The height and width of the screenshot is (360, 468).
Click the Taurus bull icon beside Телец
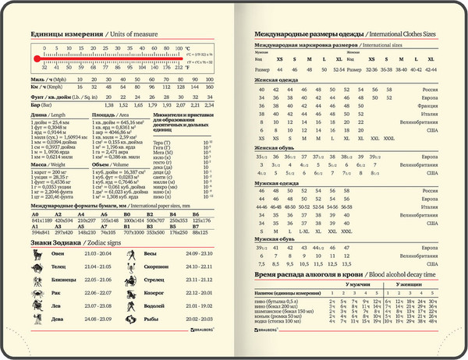[x=37, y=266]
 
